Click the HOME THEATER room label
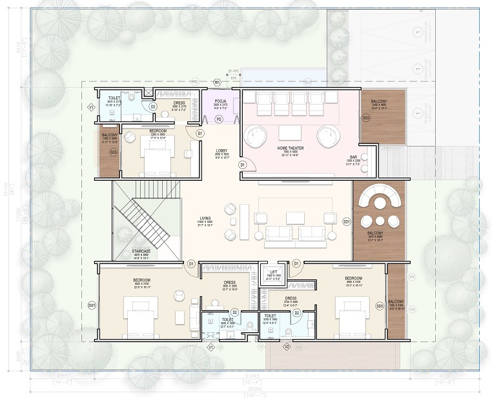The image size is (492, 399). coord(291,148)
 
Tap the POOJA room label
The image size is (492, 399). coord(220,101)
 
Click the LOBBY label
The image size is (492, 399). coord(221,151)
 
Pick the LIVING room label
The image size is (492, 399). coord(205,219)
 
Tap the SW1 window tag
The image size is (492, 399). coord(92,305)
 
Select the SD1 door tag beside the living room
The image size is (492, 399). coord(346,221)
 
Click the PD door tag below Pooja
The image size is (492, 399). coord(219,119)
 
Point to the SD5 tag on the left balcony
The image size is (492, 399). coord(114,152)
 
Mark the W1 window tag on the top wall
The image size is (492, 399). coord(218,83)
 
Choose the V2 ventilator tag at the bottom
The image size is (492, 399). coord(287,347)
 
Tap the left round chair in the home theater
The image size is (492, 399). coord(256,135)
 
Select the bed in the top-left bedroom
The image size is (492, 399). coord(158,159)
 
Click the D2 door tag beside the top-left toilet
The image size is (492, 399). coord(153,107)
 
